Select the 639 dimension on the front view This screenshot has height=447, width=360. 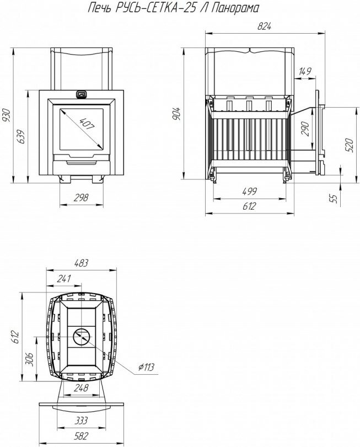click(21, 136)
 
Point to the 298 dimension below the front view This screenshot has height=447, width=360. click(81, 199)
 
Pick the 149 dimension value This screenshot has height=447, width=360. click(305, 71)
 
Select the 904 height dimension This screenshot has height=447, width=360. click(176, 114)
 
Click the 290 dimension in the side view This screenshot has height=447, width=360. click(305, 129)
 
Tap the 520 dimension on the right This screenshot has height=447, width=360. click(348, 145)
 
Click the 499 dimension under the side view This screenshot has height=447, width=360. click(249, 191)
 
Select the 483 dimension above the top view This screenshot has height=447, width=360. click(81, 263)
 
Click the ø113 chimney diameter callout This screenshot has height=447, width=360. click(146, 367)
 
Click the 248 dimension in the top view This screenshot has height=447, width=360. click(80, 389)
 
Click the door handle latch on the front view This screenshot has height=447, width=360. click(81, 94)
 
